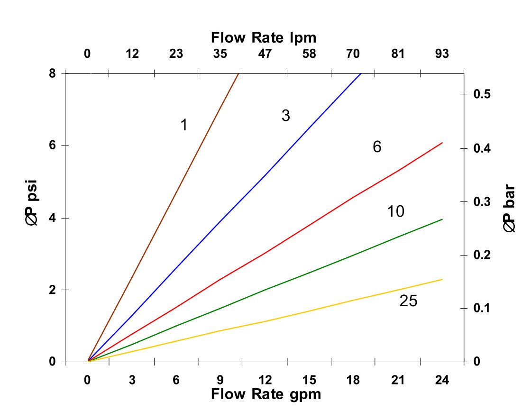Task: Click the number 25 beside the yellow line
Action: pyautogui.click(x=408, y=301)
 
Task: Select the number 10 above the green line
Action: pyautogui.click(x=395, y=211)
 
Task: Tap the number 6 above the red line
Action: pyautogui.click(x=377, y=147)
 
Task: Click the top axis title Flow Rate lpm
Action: pyautogui.click(x=264, y=37)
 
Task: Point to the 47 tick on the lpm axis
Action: pyautogui.click(x=265, y=54)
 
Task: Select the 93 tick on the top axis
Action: pyautogui.click(x=442, y=54)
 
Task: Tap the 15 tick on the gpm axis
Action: pyautogui.click(x=309, y=380)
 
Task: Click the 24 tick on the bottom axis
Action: pyautogui.click(x=442, y=380)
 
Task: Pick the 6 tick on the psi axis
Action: pyautogui.click(x=52, y=146)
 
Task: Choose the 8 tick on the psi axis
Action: pyautogui.click(x=52, y=73)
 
